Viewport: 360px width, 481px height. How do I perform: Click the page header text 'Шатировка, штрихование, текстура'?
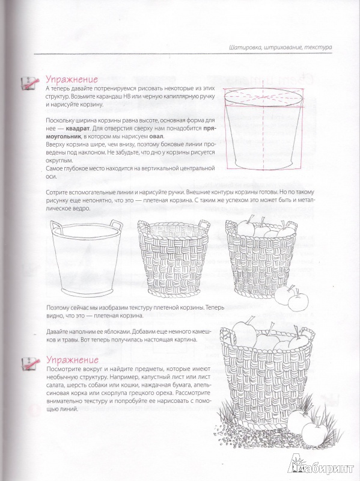click(x=280, y=47)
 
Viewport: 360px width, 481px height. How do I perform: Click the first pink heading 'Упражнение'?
click(x=72, y=79)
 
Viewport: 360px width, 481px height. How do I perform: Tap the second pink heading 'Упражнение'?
click(x=72, y=359)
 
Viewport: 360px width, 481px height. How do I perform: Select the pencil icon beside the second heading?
click(x=31, y=364)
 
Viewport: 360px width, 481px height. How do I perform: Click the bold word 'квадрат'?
click(x=77, y=128)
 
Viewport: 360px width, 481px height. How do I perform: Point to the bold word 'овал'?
click(x=157, y=136)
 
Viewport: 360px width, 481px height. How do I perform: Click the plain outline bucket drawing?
click(x=86, y=259)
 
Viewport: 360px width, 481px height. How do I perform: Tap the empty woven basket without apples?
click(x=173, y=259)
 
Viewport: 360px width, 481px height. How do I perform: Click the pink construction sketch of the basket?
click(x=264, y=129)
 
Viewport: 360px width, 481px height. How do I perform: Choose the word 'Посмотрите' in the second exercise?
click(x=61, y=369)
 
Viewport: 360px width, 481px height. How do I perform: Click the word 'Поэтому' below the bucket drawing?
click(x=57, y=308)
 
